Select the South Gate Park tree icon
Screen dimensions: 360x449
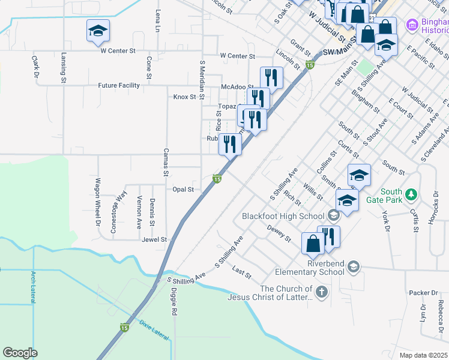click(x=411, y=194)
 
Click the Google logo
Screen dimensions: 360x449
click(x=20, y=352)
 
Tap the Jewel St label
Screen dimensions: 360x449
click(x=154, y=239)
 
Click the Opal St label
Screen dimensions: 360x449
click(x=183, y=190)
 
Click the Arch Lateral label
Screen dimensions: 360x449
click(x=33, y=287)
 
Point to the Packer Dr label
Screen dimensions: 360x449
click(x=423, y=293)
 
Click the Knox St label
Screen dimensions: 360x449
click(x=185, y=97)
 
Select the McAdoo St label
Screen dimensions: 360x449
click(x=234, y=86)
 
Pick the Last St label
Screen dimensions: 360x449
click(x=241, y=273)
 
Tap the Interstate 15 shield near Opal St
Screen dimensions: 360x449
click(x=217, y=179)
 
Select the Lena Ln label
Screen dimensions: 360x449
click(x=158, y=21)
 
